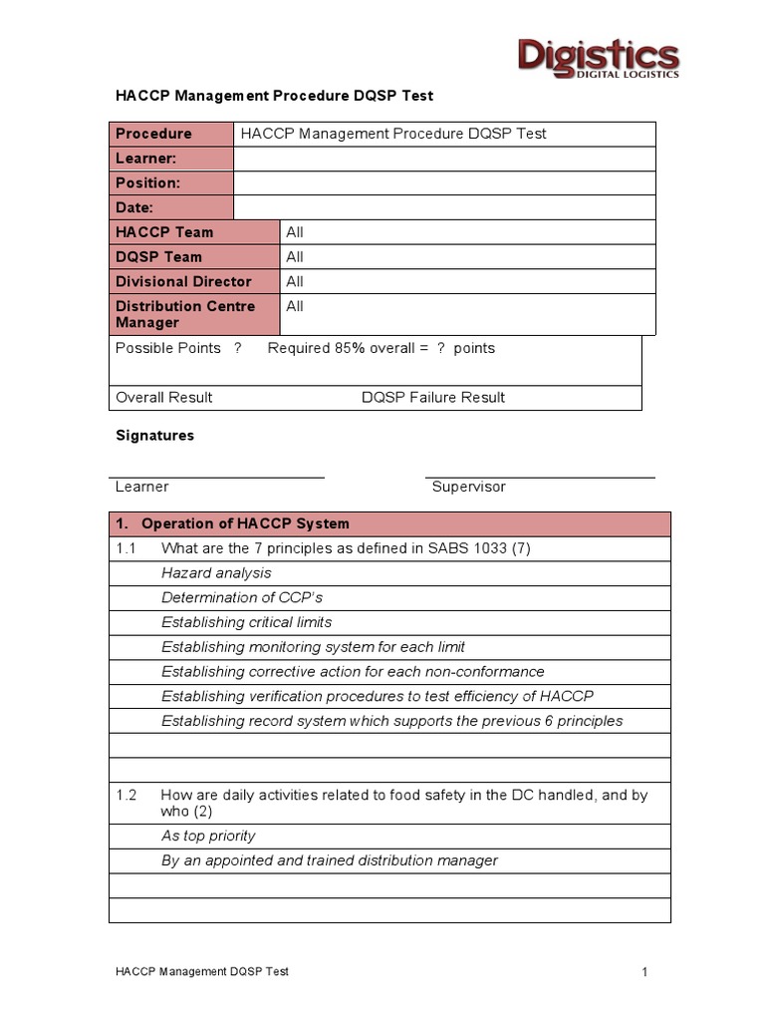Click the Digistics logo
(598, 57)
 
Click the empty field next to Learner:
(444, 159)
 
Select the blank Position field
(444, 183)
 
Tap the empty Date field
(444, 207)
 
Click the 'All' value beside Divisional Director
(295, 281)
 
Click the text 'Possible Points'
(168, 348)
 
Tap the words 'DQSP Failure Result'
(433, 397)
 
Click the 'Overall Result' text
(164, 397)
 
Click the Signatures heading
(155, 436)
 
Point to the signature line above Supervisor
(540, 478)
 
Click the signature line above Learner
(216, 478)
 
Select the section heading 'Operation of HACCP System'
(245, 523)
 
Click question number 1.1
(126, 548)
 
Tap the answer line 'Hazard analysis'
(216, 572)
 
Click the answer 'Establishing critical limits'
(246, 622)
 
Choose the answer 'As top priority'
(208, 836)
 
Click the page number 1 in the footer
(645, 972)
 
